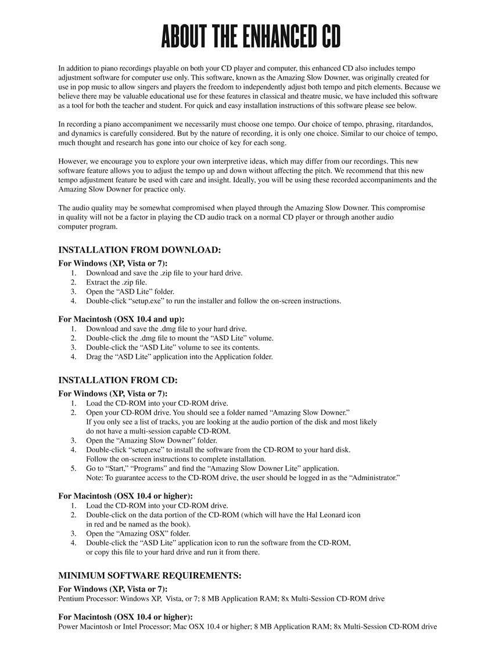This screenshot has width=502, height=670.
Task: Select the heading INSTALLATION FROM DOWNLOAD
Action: pos(139,250)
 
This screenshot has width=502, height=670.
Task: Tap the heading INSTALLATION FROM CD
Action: pos(118,380)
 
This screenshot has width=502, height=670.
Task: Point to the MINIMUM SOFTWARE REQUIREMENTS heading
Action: pos(150,576)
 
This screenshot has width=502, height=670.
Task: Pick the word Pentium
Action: pos(71,598)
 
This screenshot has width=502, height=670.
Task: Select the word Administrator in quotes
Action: pos(372,478)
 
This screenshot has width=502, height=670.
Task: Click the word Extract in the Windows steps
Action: pos(98,283)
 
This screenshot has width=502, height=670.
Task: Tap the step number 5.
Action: pos(73,469)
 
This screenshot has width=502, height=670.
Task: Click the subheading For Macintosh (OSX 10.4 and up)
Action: pos(121,319)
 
